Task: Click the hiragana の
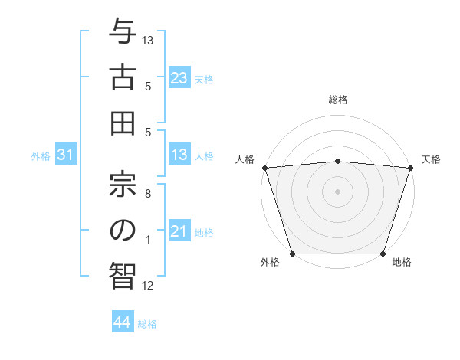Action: (x=123, y=231)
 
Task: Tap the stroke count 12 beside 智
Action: (x=148, y=286)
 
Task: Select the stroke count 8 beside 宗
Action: (x=148, y=195)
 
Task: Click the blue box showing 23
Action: (x=179, y=77)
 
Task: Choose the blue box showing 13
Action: (x=179, y=155)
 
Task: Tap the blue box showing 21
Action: (x=179, y=231)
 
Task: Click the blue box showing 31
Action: (x=66, y=155)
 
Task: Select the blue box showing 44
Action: (x=122, y=323)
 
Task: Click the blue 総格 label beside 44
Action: (x=147, y=324)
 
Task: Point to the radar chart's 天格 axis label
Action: (x=431, y=159)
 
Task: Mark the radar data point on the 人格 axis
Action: (x=264, y=168)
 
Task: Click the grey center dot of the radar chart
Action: (x=337, y=191)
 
